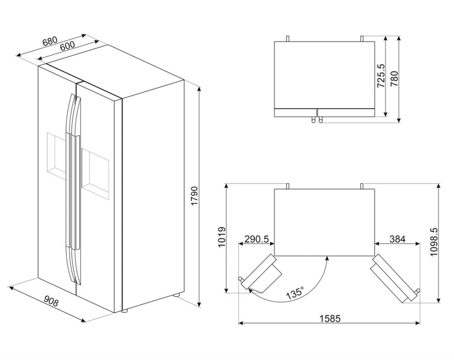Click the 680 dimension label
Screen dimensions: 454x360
pos(50,41)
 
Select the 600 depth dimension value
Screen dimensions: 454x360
pos(67,46)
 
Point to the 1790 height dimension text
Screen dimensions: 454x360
pos(195,196)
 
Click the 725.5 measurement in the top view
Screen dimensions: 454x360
pos(381,76)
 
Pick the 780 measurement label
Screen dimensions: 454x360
pos(394,79)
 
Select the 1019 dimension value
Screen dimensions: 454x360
pos(222,237)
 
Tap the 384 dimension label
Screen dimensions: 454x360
pos(398,239)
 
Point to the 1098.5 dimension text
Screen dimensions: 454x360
pos(434,242)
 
